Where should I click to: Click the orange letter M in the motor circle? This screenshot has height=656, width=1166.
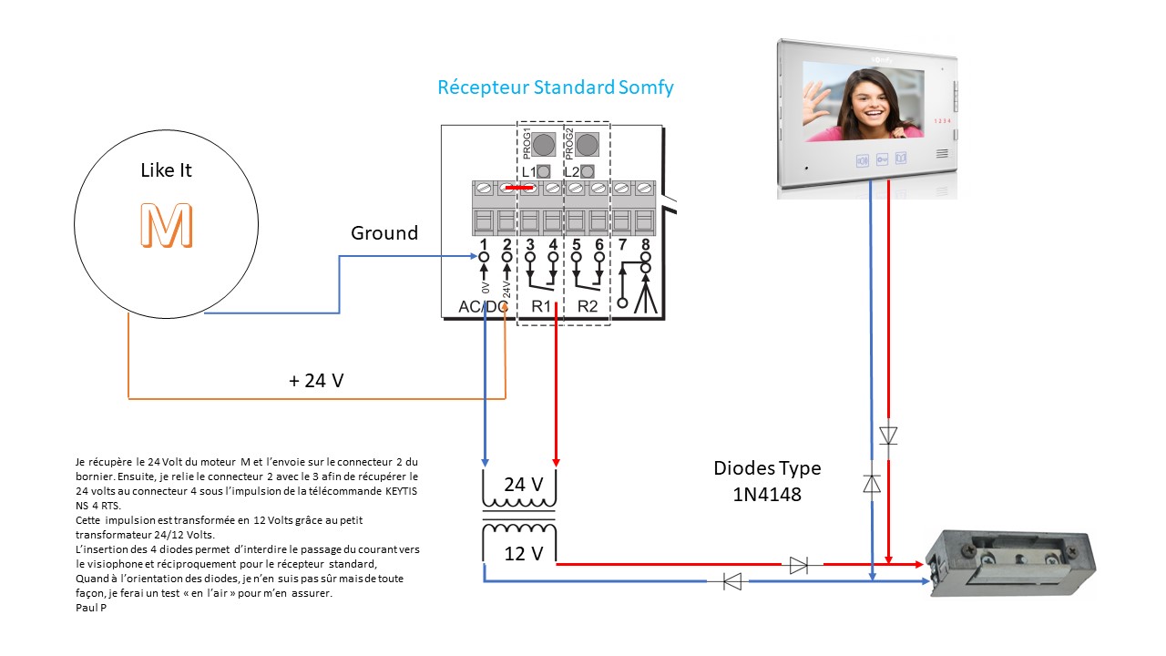coord(166,226)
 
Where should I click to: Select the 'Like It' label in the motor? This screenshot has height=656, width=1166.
coord(166,170)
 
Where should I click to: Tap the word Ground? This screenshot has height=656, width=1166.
coord(384,233)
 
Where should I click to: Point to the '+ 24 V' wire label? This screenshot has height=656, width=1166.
coord(316,381)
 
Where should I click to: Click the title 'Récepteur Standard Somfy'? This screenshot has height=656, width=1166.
coord(556,88)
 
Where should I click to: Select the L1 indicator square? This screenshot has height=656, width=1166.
coord(544,171)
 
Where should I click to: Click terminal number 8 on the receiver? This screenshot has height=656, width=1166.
coord(645,244)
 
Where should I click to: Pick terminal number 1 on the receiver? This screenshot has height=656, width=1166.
coord(484,244)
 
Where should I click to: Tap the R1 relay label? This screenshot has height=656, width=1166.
coord(541,307)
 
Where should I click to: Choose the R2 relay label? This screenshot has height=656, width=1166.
coord(588,307)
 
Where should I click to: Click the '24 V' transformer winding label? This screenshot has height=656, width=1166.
coord(516,485)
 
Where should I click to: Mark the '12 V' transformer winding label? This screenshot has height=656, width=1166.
coord(516,553)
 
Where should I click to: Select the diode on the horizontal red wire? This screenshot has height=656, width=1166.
coord(799,565)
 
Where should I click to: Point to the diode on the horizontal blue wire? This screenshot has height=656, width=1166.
coord(731,579)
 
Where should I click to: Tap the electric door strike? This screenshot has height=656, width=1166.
coord(1007,562)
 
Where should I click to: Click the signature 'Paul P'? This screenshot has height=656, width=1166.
coord(90,607)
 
